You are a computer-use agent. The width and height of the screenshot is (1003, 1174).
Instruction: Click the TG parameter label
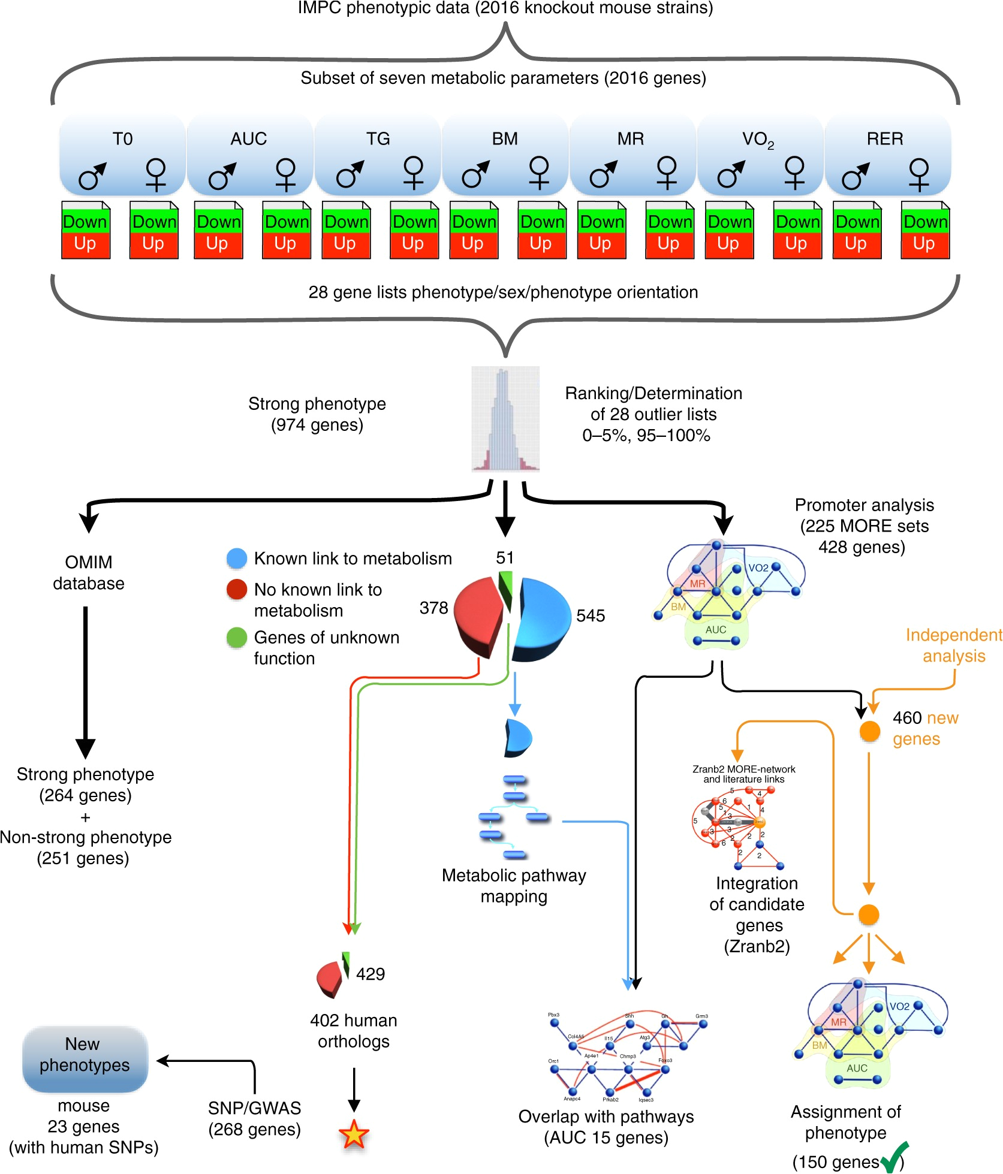378,139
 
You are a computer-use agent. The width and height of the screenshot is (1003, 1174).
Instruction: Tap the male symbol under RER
855,176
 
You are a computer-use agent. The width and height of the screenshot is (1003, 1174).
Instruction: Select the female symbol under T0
156,174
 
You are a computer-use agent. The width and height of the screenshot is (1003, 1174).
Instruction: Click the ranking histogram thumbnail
505,419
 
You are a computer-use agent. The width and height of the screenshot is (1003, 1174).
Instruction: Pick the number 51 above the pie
505,558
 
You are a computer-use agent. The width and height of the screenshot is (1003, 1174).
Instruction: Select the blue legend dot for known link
237,559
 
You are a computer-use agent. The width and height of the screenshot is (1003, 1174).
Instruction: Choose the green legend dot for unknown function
237,638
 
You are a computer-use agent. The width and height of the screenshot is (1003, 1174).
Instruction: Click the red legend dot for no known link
237,590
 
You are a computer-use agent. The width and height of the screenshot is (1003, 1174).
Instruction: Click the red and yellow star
354,1134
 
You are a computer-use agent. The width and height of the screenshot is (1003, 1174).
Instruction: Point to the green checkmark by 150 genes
895,1157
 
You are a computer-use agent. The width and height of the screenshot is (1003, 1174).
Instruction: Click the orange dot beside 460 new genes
869,731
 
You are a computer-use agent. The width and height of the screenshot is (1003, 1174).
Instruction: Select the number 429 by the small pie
370,974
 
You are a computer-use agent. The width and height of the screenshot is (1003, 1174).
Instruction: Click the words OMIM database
89,572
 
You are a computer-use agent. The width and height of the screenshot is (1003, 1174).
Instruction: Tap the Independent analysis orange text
953,645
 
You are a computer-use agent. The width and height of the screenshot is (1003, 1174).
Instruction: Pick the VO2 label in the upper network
758,568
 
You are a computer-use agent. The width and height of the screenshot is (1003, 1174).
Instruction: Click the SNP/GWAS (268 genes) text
254,1118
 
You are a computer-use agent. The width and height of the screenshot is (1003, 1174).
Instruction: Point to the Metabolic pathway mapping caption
514,886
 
